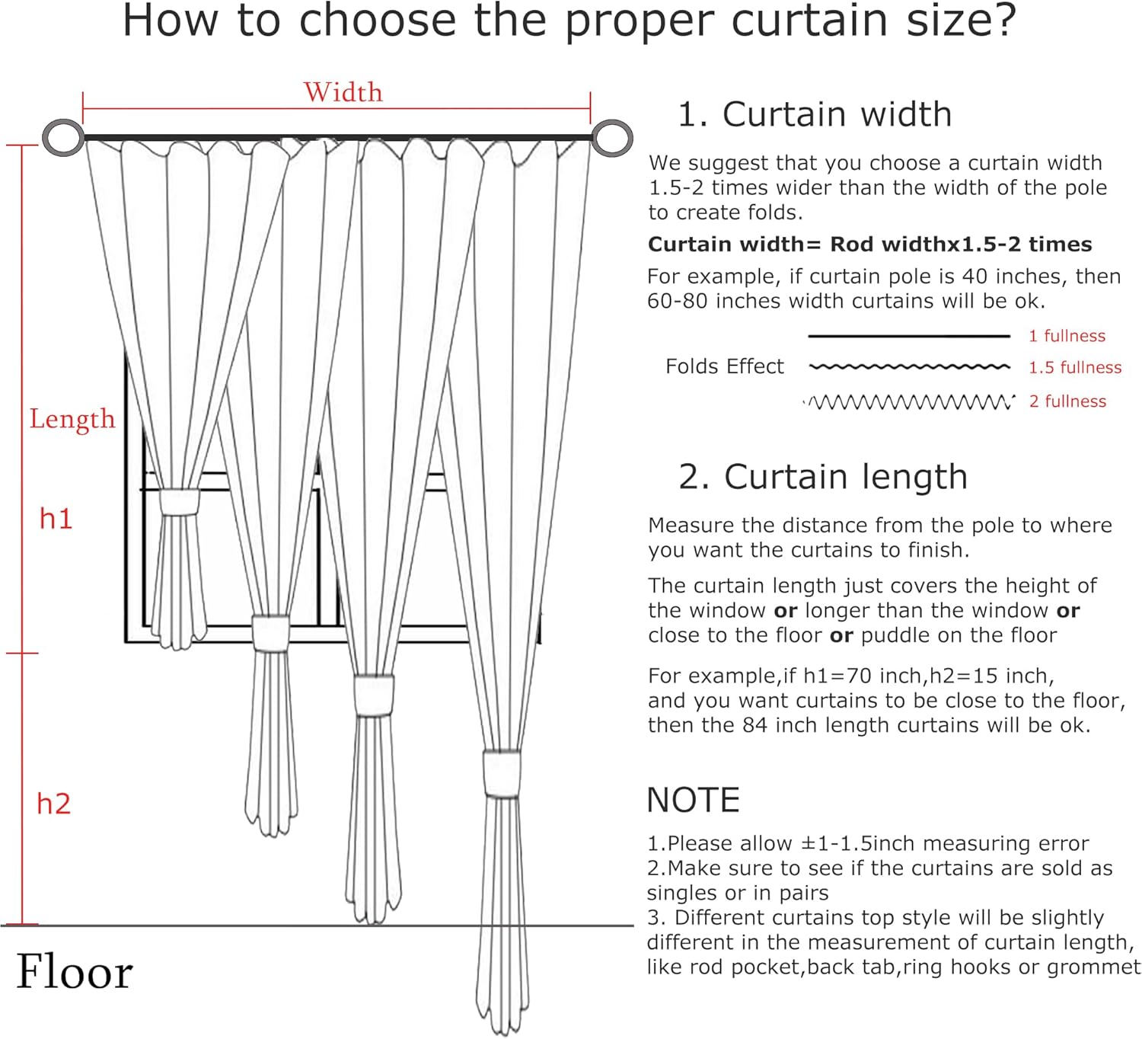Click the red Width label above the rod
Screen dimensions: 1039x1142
pyautogui.click(x=343, y=92)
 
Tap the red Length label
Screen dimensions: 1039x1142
pyautogui.click(x=72, y=419)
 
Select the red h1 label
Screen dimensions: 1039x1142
pyautogui.click(x=56, y=519)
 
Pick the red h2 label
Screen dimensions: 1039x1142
pyautogui.click(x=53, y=804)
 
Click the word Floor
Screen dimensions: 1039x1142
pyautogui.click(x=75, y=972)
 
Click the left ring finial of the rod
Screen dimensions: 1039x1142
pyautogui.click(x=63, y=138)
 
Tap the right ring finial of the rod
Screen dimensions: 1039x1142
pyautogui.click(x=612, y=138)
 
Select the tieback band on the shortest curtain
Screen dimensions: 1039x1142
pyautogui.click(x=179, y=503)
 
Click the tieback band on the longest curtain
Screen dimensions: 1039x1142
pyautogui.click(x=502, y=774)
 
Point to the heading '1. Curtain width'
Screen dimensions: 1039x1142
pyautogui.click(x=814, y=114)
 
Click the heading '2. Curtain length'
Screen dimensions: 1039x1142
pyautogui.click(x=822, y=477)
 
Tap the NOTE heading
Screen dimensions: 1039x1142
pyautogui.click(x=693, y=801)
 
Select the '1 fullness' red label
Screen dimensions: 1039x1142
pyautogui.click(x=1067, y=336)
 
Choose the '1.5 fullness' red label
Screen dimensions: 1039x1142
pyautogui.click(x=1075, y=368)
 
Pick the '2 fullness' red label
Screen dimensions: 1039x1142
pyautogui.click(x=1067, y=401)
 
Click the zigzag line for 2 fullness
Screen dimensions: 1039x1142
pyautogui.click(x=910, y=401)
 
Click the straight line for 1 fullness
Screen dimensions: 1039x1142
pyautogui.click(x=909, y=336)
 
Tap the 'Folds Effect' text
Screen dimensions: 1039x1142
pyautogui.click(x=724, y=366)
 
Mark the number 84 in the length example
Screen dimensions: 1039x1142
pyautogui.click(x=754, y=725)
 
